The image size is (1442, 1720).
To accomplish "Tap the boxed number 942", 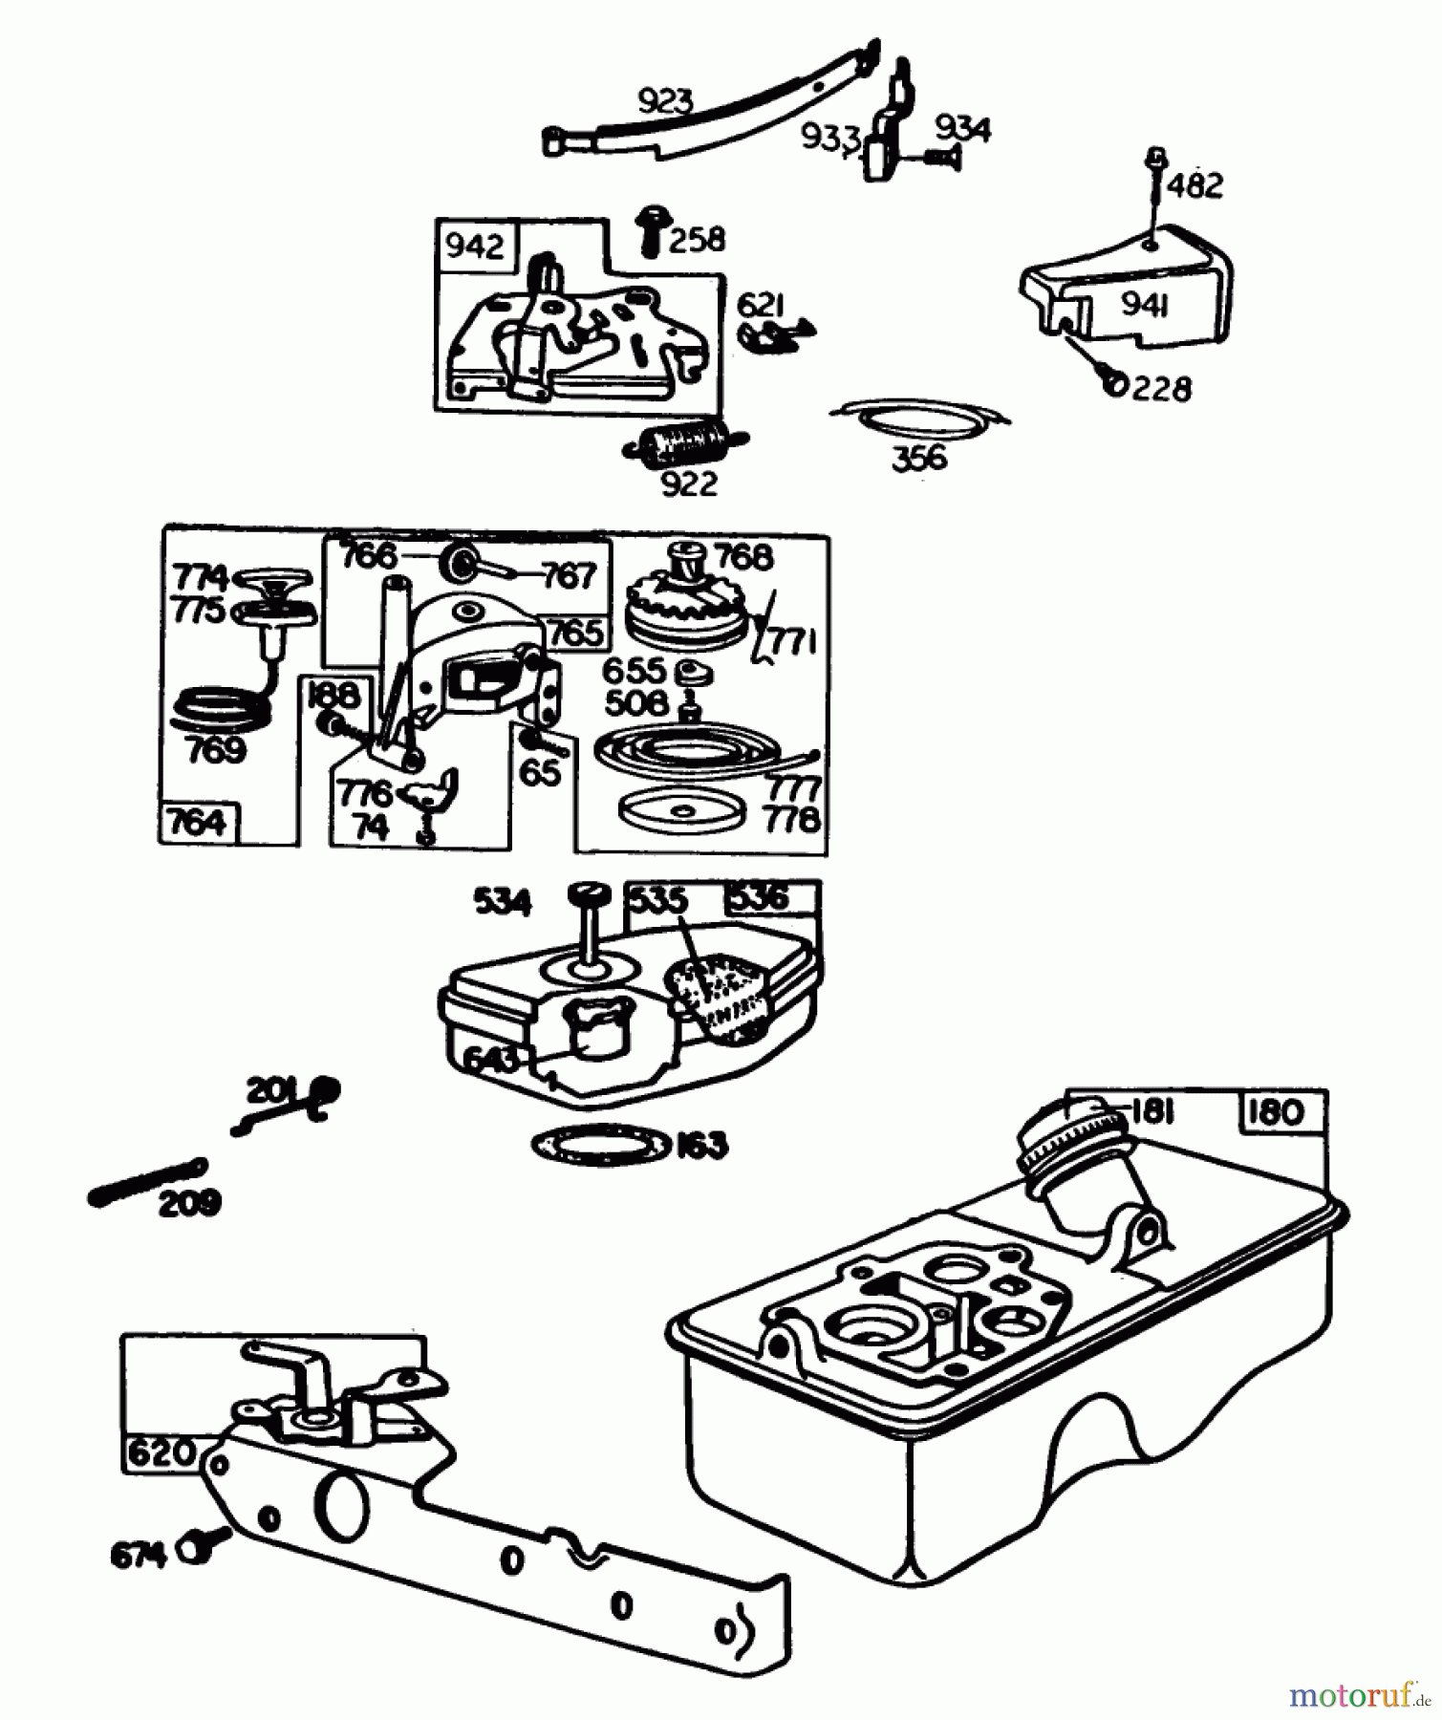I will click(474, 247).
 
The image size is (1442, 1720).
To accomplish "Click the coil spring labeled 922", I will click(688, 444).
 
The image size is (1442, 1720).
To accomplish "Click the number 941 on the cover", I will click(1145, 305).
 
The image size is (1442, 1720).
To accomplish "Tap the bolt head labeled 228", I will click(1113, 382).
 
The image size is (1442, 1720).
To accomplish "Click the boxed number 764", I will click(198, 822).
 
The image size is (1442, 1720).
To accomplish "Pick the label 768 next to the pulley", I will click(744, 557).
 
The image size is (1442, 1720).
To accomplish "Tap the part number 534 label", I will click(503, 902).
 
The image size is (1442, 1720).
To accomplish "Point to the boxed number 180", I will click(1276, 1112).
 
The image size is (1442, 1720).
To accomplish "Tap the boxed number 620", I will click(161, 1453).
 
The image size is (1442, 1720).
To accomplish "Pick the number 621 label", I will click(761, 306).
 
